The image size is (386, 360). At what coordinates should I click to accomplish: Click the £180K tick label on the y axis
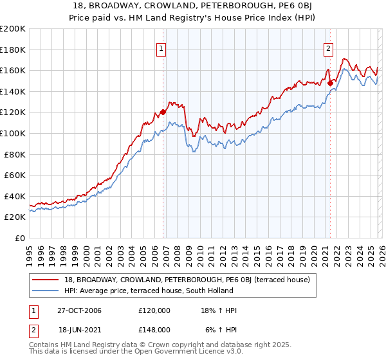(x=13, y=50)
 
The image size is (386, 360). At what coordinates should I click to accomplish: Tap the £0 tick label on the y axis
(x=21, y=238)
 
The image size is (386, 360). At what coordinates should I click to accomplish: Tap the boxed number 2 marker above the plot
(x=328, y=47)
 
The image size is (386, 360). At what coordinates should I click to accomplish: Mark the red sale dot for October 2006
(x=163, y=112)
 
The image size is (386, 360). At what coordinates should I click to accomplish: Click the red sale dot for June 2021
(x=330, y=83)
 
